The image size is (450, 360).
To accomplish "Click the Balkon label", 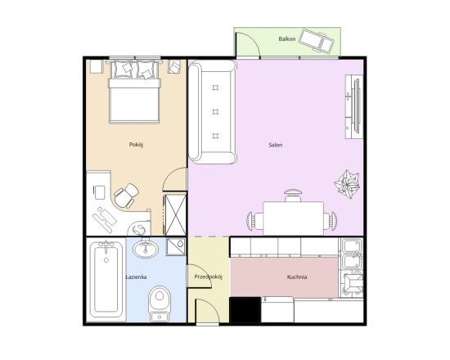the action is click(x=286, y=38).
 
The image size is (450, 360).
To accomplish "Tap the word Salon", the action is click(x=275, y=145).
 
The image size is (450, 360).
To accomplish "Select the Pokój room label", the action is click(x=136, y=144).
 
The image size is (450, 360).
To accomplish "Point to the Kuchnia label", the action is click(x=297, y=277).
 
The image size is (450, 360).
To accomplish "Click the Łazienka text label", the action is click(x=137, y=277).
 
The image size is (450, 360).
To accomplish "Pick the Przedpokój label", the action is click(x=209, y=277).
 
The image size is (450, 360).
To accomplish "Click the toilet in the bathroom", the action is click(x=160, y=304).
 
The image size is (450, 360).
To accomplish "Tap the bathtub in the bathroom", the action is click(x=106, y=279).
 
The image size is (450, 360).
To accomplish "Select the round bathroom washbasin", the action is click(x=146, y=248).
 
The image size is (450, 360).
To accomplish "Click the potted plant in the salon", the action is click(x=347, y=184).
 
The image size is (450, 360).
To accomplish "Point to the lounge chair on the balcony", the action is click(x=317, y=41).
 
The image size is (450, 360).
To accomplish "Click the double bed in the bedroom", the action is click(x=134, y=92).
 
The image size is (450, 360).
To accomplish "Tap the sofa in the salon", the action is click(x=213, y=111).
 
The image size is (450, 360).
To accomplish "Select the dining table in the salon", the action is click(x=293, y=218).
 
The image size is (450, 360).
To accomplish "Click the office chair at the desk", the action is click(x=126, y=196).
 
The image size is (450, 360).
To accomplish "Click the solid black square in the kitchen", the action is click(x=245, y=310).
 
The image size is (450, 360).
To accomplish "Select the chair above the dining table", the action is click(x=293, y=196).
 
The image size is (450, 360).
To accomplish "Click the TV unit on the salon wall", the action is click(x=354, y=107).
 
